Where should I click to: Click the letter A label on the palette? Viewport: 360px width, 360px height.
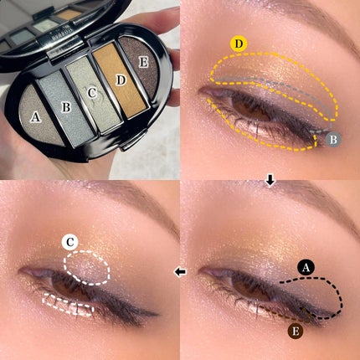pos(35,116)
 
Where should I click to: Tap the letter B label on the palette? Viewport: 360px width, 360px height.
pos(64,105)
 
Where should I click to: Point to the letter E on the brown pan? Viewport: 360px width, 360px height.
pos(143,61)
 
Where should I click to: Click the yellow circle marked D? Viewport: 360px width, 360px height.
pos(238,43)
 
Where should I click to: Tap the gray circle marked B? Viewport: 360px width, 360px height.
pos(332,141)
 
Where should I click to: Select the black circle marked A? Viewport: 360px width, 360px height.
pos(306,266)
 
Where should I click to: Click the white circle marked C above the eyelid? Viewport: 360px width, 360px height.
pos(71,244)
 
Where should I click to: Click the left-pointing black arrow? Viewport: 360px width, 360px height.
pos(179,272)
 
